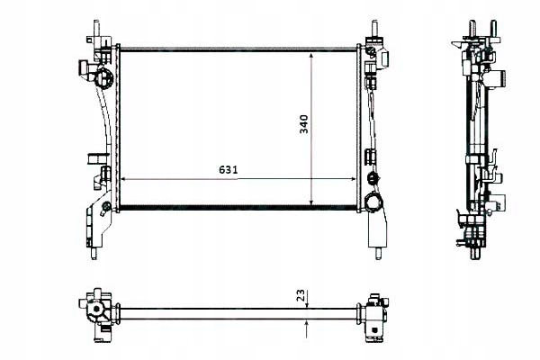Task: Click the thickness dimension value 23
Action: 301,293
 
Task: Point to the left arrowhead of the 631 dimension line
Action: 122,178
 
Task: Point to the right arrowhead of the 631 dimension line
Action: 359,178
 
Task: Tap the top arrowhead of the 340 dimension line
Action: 311,53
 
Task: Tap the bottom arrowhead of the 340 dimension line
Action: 311,202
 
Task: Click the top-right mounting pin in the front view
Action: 371,27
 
